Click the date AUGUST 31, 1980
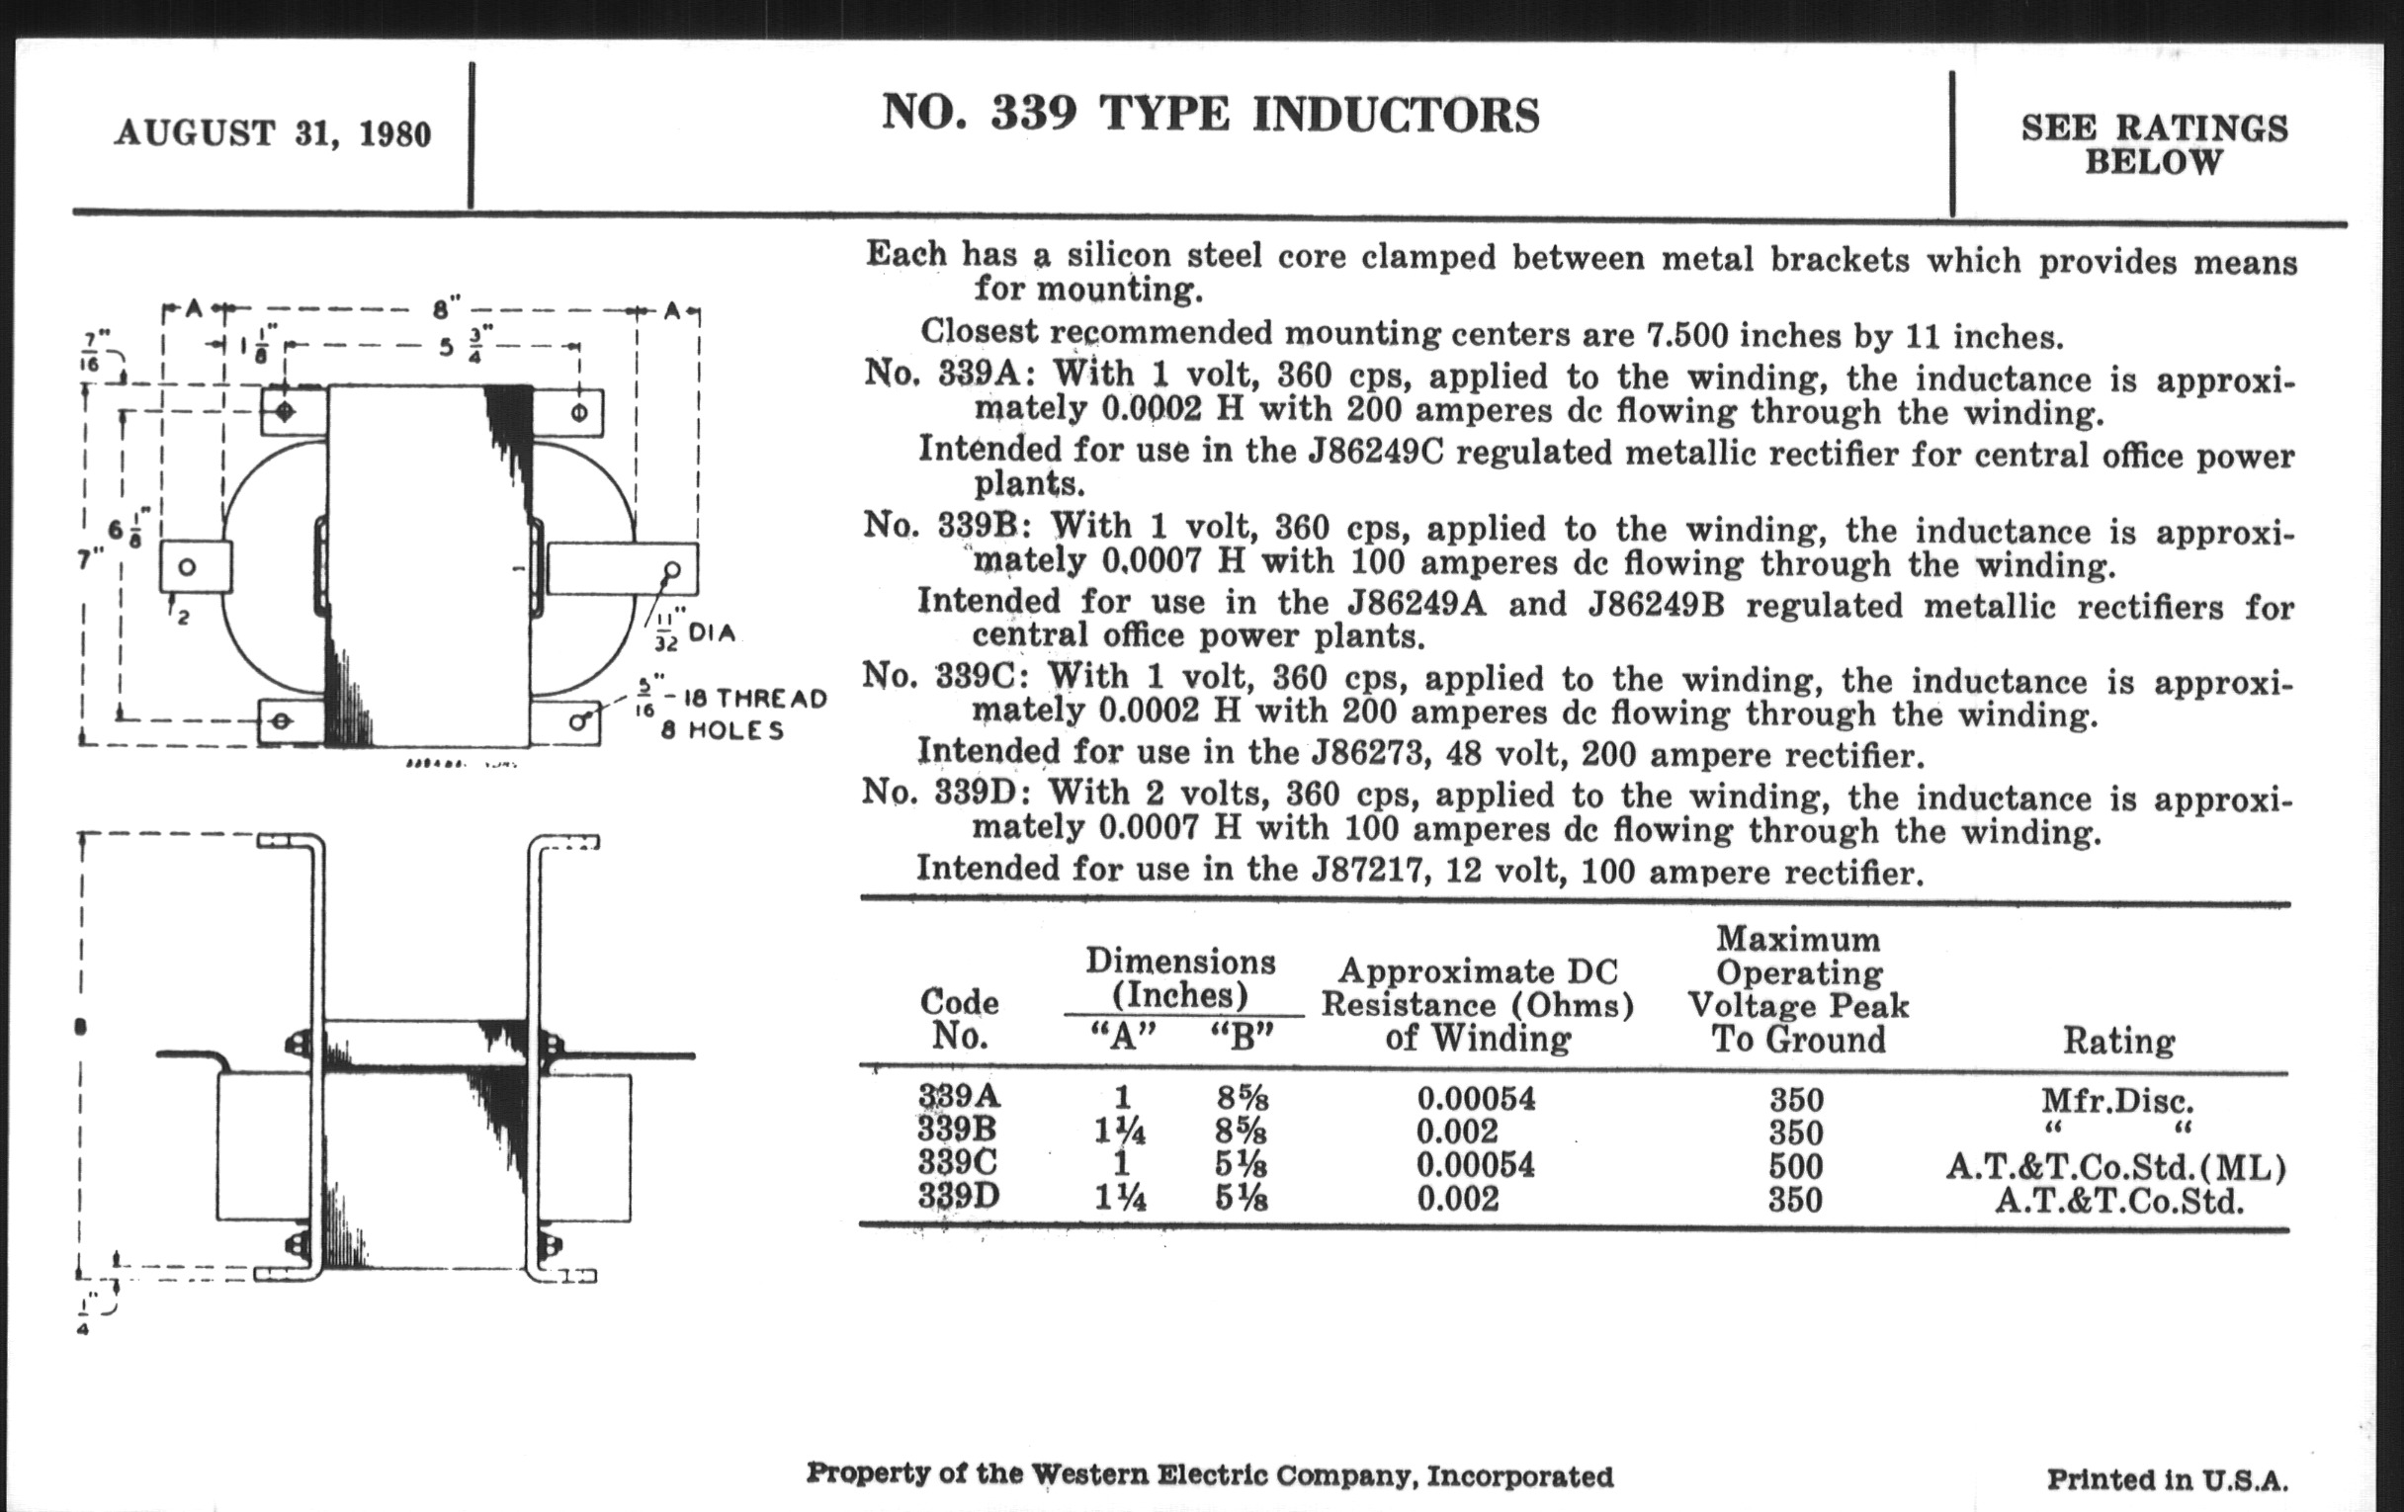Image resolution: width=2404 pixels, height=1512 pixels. click(273, 132)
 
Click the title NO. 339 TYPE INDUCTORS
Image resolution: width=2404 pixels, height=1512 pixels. click(1210, 114)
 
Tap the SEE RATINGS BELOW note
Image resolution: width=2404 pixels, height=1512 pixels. click(2155, 144)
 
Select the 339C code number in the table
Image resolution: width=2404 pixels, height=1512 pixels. click(959, 1164)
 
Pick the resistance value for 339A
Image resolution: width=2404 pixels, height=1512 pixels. click(1477, 1099)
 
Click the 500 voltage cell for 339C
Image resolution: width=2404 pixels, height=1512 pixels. click(1796, 1166)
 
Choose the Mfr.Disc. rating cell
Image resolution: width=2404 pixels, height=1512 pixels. click(2117, 1101)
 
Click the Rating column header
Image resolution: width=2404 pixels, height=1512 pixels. click(2118, 1041)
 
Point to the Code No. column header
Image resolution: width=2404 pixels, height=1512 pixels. click(960, 1019)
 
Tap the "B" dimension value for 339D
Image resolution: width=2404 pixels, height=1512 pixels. click(1241, 1197)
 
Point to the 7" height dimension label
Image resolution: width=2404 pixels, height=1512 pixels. click(91, 558)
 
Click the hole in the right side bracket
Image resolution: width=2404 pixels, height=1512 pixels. click(672, 570)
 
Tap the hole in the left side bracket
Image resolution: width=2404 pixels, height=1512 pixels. click(187, 567)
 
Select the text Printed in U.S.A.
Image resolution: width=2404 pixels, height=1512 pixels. click(2167, 1479)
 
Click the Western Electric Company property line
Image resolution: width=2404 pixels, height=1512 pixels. click(1209, 1475)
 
